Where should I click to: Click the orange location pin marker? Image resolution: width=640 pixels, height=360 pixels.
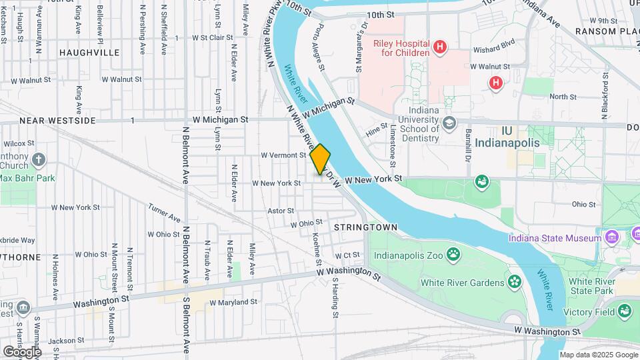pyautogui.click(x=320, y=159)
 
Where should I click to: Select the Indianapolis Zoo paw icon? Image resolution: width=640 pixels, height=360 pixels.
pyautogui.click(x=454, y=253)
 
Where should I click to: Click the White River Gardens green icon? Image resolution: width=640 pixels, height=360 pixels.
pyautogui.click(x=514, y=282)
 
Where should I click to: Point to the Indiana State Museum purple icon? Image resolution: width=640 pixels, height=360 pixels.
pyautogui.click(x=610, y=238)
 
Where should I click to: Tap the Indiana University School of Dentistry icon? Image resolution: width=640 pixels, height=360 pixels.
pyautogui.click(x=449, y=123)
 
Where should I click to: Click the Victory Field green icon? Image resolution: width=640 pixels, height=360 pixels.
pyautogui.click(x=624, y=310)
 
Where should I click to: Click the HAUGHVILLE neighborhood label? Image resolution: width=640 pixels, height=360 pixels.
pyautogui.click(x=89, y=52)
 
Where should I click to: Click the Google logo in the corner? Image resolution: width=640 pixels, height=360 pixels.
pyautogui.click(x=21, y=351)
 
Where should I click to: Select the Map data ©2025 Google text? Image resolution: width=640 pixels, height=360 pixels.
pyautogui.click(x=598, y=355)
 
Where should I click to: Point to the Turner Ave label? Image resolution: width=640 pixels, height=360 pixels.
pyautogui.click(x=165, y=213)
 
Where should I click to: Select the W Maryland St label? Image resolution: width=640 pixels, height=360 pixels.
pyautogui.click(x=233, y=302)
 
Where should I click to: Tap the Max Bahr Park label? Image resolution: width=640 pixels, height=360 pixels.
pyautogui.click(x=27, y=179)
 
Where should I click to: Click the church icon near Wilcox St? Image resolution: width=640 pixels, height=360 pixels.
pyautogui.click(x=39, y=159)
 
